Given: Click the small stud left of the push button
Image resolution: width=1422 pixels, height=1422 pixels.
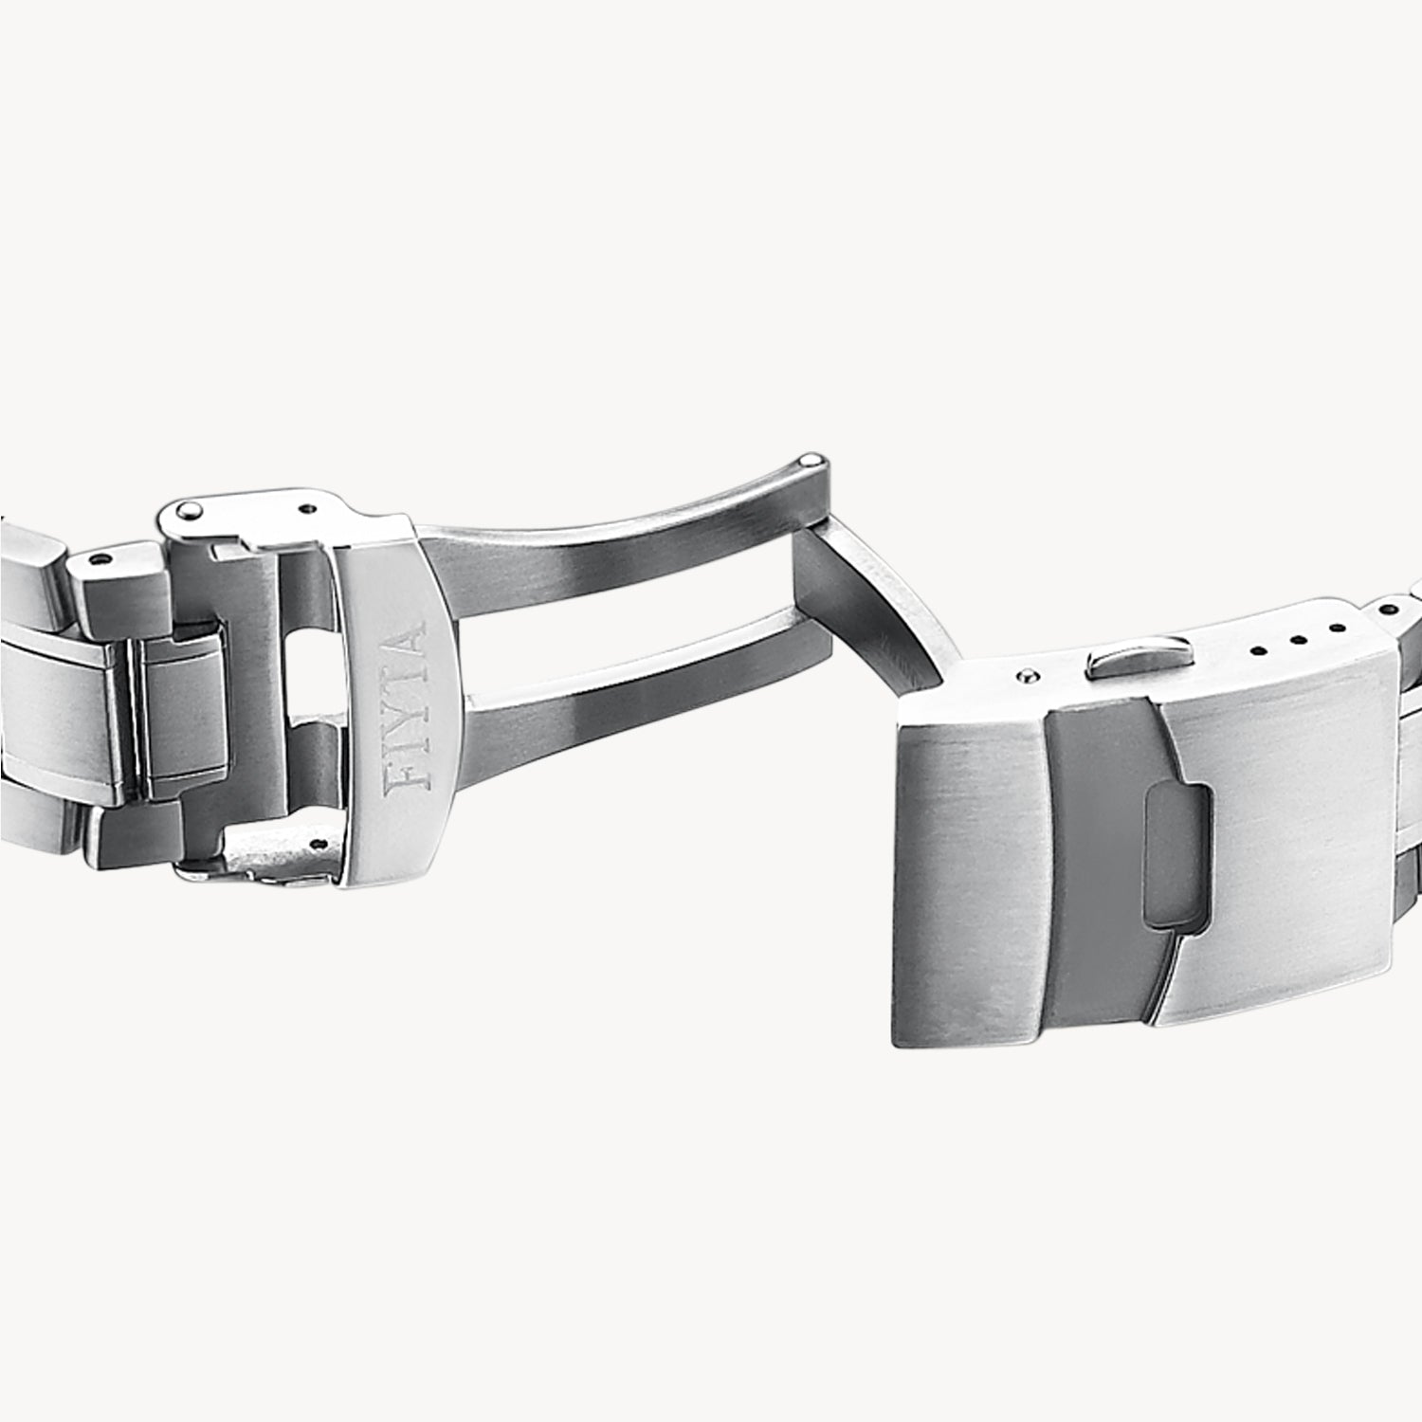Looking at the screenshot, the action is pos(1024,676).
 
